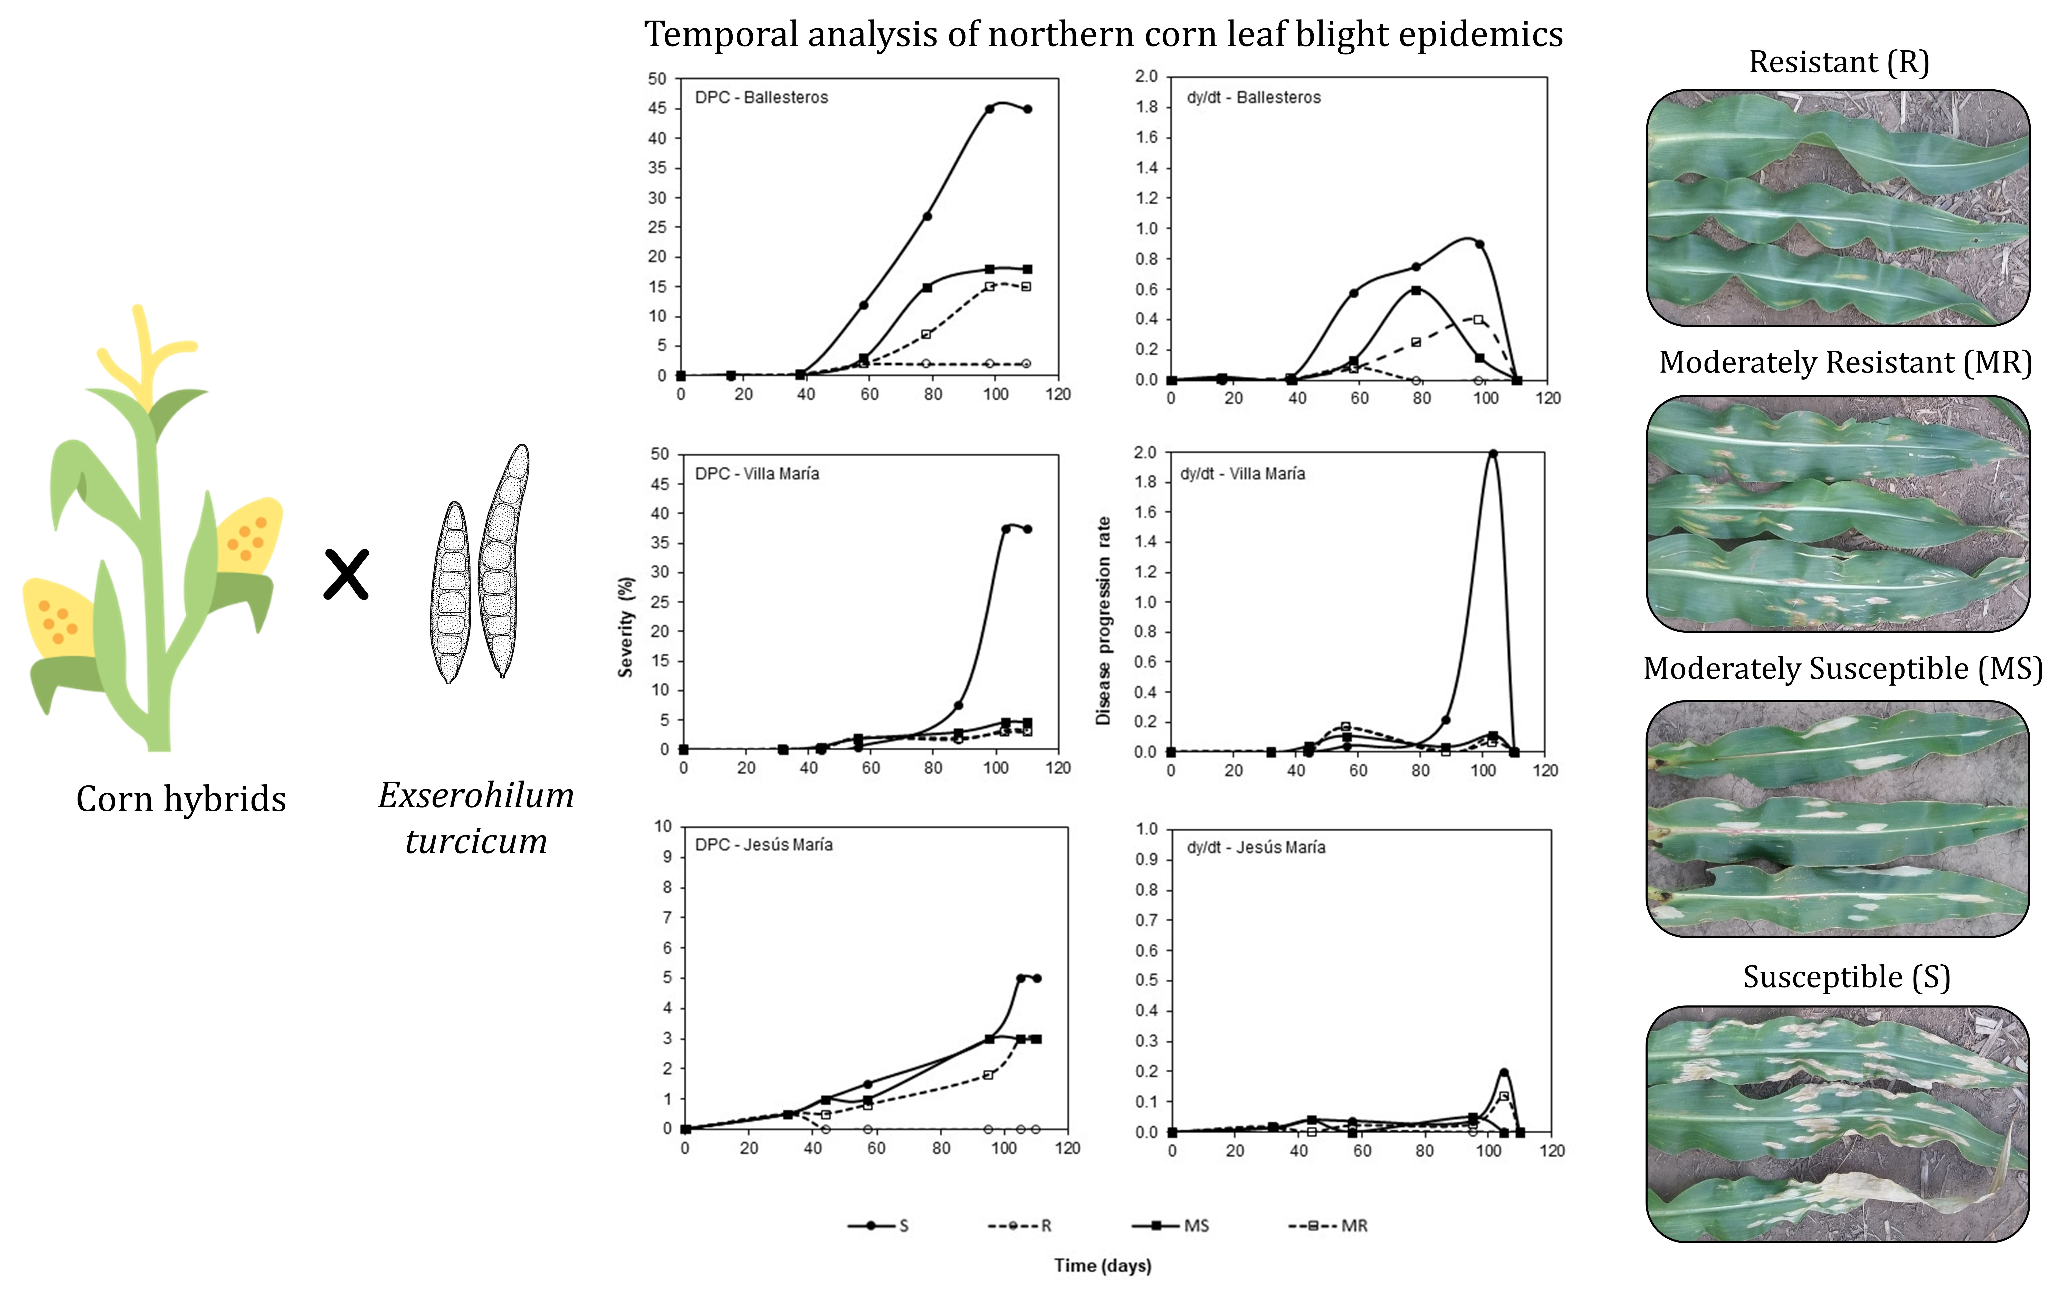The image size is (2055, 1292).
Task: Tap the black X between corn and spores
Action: (346, 574)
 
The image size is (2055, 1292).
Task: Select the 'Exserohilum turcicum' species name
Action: (476, 818)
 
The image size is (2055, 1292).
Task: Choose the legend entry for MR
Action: (1327, 1225)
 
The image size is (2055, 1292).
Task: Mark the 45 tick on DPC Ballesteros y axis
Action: (657, 108)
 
